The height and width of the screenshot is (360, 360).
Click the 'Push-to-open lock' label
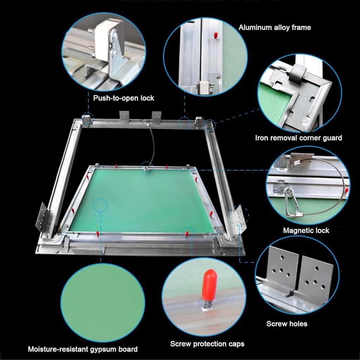[123, 98]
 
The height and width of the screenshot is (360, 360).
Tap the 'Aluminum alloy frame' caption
[275, 27]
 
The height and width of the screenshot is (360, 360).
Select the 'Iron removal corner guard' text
[298, 138]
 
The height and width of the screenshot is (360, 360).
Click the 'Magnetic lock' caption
[306, 231]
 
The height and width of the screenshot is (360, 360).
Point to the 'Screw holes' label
[287, 324]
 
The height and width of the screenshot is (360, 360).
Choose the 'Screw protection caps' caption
[207, 344]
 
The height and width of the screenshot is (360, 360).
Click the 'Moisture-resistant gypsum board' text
[83, 349]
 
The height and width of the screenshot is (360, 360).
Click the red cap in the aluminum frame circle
[216, 35]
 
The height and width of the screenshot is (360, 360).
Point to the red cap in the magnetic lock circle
[346, 190]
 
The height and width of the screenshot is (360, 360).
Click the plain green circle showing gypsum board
[103, 303]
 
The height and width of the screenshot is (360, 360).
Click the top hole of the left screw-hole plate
[282, 257]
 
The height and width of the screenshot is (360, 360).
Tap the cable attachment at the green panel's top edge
[146, 168]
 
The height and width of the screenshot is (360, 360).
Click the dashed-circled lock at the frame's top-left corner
[87, 119]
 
